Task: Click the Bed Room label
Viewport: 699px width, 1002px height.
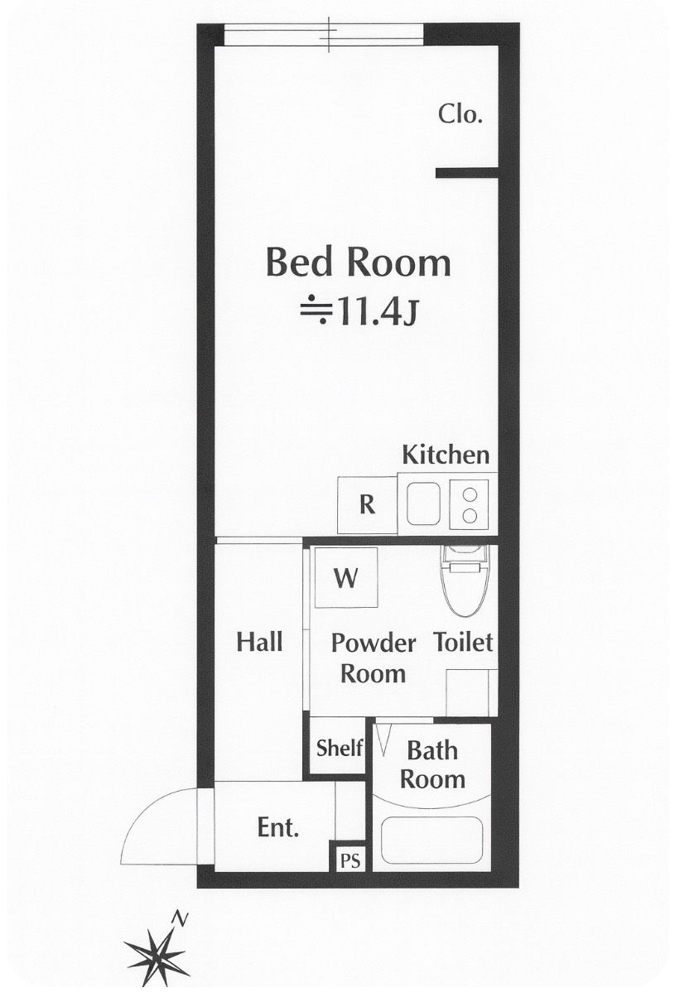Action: coord(359,263)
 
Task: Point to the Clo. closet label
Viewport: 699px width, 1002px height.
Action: coord(460,113)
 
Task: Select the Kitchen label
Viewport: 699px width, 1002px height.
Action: coord(446,455)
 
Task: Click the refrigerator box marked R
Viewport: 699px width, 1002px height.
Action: coord(368,505)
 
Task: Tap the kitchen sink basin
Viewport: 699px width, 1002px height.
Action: coord(423,503)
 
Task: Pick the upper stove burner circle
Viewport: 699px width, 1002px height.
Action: coord(470,494)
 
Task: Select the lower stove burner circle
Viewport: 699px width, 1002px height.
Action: coord(470,516)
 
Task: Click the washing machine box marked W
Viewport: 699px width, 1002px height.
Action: coord(346,577)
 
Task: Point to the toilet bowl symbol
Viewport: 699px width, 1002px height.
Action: coord(464,580)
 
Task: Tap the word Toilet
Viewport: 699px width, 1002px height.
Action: coord(463,642)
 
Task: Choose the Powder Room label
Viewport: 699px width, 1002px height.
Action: coord(374,658)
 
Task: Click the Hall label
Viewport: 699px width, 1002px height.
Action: coord(259,642)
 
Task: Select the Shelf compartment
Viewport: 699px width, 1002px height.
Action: coord(339,748)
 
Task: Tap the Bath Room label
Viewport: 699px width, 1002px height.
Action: coord(432,764)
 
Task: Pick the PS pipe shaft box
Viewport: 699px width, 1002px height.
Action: coord(350,860)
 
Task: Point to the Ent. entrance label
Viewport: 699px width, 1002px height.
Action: coord(278,827)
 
